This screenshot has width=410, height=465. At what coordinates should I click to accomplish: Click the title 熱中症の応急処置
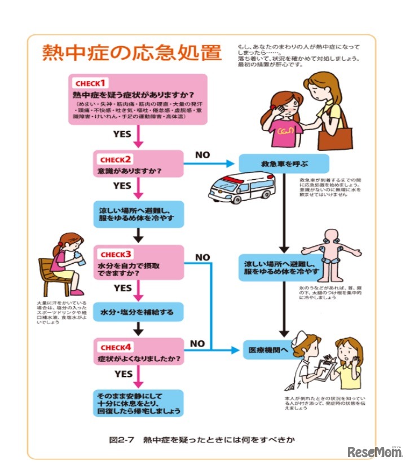(131, 52)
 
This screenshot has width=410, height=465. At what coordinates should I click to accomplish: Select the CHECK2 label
(116, 158)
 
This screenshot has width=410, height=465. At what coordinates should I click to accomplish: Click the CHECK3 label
(116, 254)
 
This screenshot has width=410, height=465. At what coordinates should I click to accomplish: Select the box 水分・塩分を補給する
(138, 311)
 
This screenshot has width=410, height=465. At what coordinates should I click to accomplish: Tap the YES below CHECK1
(122, 134)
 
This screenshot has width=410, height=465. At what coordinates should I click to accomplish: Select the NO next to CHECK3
(202, 257)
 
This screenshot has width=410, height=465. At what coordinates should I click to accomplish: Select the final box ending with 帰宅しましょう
(138, 402)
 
